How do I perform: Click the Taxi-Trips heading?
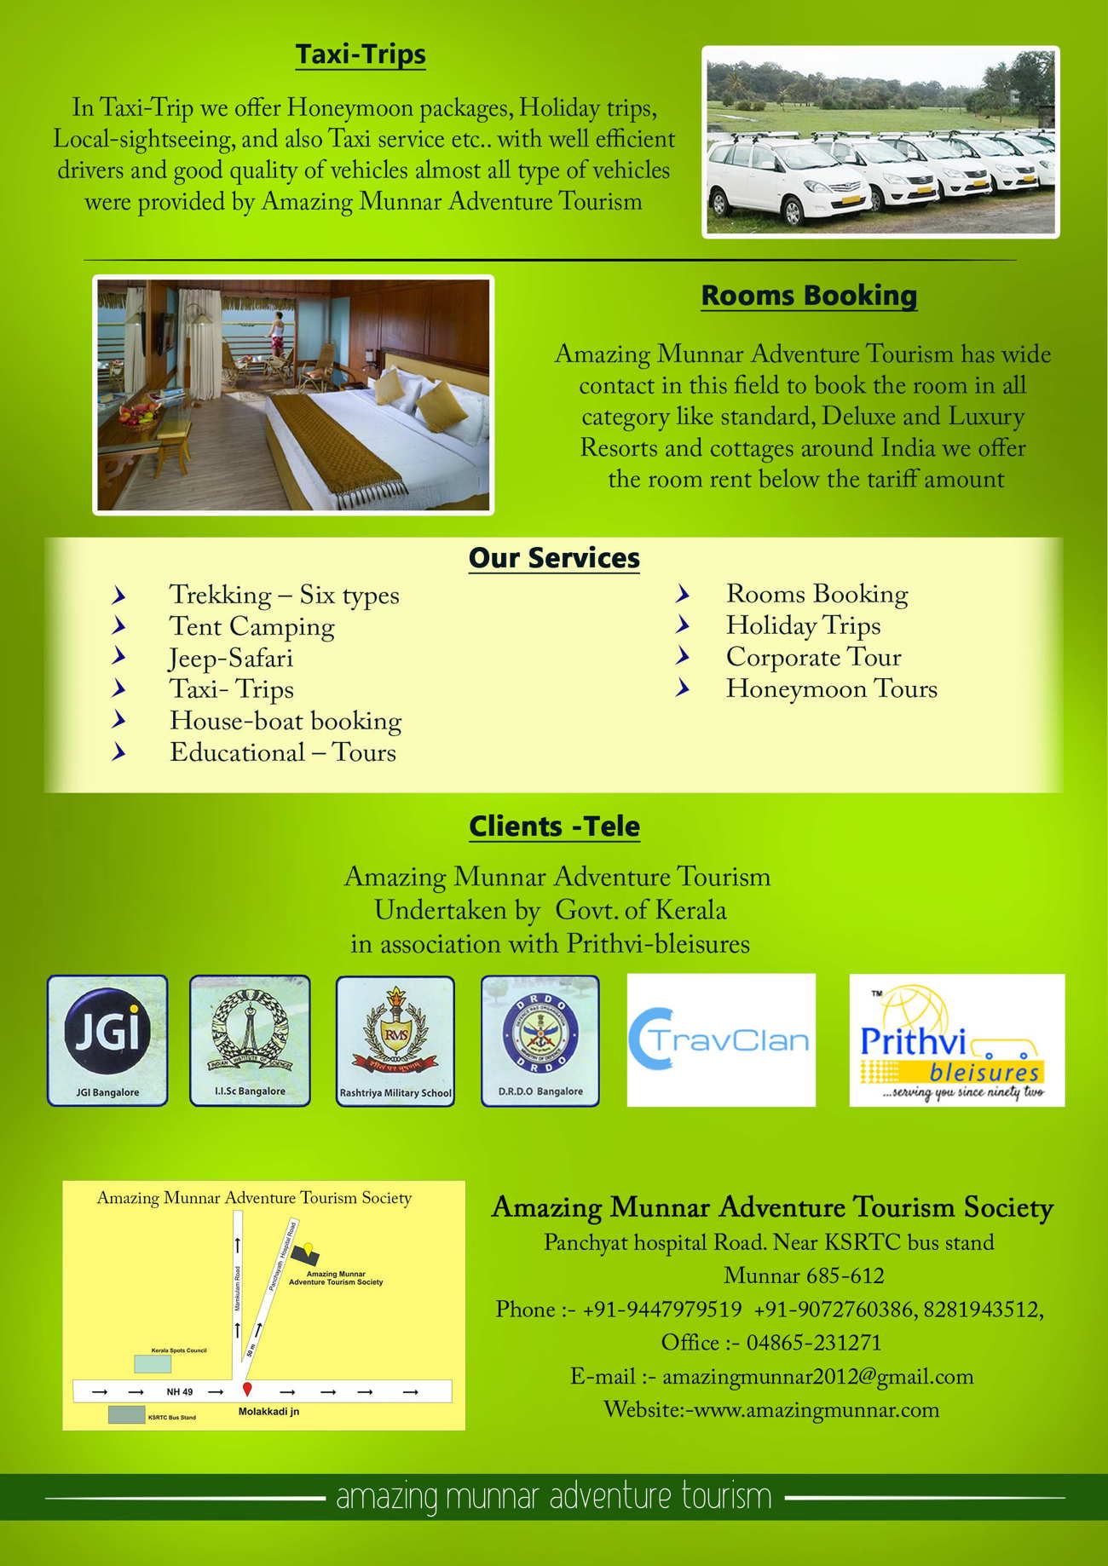click(361, 55)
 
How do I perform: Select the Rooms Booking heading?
click(808, 296)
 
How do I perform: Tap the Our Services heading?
click(554, 558)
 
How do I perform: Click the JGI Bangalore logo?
click(107, 1039)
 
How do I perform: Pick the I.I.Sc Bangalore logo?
click(250, 1039)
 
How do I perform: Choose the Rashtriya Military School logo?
click(395, 1040)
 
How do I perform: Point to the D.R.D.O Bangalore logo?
click(540, 1039)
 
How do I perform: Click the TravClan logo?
click(721, 1040)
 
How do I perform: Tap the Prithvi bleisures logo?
click(956, 1040)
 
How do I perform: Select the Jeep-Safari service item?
click(231, 659)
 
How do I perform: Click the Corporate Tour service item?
click(813, 657)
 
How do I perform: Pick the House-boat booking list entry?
click(286, 721)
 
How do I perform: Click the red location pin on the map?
click(247, 1389)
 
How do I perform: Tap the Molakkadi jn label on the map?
click(268, 1412)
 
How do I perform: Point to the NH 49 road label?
click(180, 1392)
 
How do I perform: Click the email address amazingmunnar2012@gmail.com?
click(817, 1377)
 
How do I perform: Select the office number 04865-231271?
click(813, 1343)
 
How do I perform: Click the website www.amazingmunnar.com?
click(817, 1410)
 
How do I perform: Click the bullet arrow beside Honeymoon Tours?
click(683, 688)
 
